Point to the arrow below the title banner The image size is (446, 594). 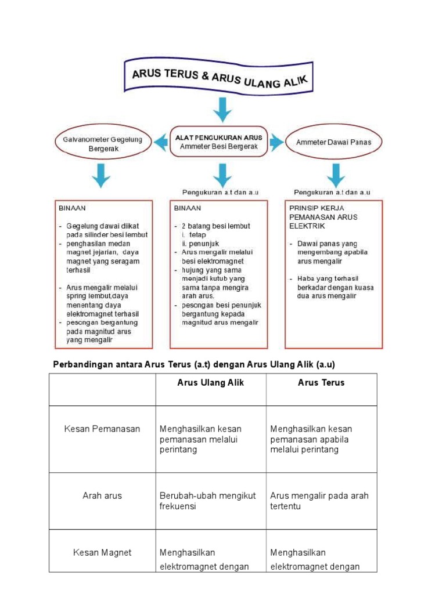pos(222,110)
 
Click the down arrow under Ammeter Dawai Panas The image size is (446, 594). pos(336,175)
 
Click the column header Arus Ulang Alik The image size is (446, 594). pos(210,382)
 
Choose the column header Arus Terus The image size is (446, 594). pos(321,382)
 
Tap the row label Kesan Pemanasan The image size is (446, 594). pos(102,429)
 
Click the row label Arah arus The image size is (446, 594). pos(102,496)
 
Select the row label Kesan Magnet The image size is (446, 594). pos(102,553)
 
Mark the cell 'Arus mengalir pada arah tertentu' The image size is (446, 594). pos(319,501)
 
